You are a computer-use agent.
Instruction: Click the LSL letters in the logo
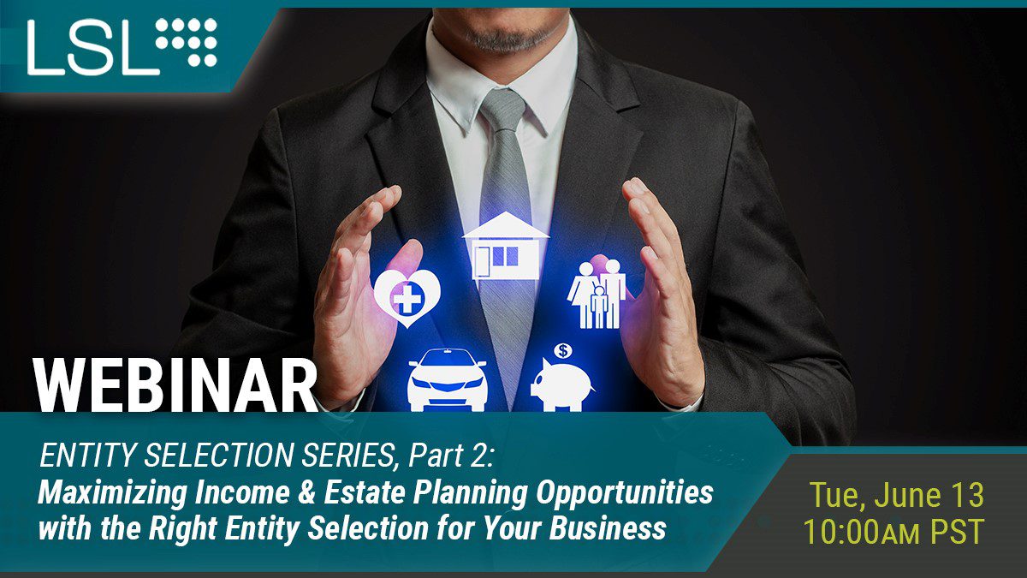[93, 48]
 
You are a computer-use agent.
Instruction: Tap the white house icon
[506, 246]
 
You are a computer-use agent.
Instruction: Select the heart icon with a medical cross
[407, 298]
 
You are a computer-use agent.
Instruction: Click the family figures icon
[597, 295]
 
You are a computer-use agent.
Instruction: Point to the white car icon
[448, 381]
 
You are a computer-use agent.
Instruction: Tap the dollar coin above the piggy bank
[563, 351]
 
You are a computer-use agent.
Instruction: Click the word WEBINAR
[175, 385]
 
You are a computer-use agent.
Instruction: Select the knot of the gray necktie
[503, 110]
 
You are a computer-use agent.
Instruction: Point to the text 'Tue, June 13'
[897, 495]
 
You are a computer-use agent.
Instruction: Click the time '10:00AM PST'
[893, 531]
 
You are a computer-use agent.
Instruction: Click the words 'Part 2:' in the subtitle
[452, 455]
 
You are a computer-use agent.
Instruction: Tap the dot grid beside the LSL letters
[187, 42]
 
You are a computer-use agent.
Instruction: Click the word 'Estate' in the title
[365, 492]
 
